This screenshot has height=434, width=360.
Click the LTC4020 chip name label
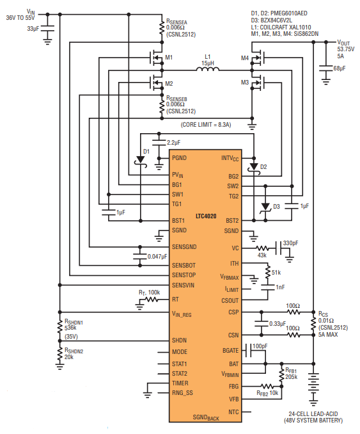click(206, 216)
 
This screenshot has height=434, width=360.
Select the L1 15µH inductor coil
click(208, 68)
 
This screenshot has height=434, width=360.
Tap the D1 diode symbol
click(141, 161)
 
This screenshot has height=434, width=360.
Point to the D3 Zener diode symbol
click(265, 207)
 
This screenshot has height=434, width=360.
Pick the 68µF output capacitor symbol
click(326, 68)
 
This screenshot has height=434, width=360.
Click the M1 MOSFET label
click(169, 58)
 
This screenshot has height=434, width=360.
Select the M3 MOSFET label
click(245, 83)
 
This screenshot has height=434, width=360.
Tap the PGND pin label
click(179, 158)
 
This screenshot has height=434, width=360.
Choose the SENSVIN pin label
click(183, 285)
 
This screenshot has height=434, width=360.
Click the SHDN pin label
click(179, 341)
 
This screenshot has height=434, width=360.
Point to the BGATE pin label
click(230, 351)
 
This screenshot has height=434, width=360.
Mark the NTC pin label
click(233, 412)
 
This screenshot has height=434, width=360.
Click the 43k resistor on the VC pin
click(262, 248)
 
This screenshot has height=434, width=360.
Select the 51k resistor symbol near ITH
click(268, 273)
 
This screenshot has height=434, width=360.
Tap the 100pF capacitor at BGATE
click(248, 351)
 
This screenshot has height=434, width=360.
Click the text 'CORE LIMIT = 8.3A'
click(206, 125)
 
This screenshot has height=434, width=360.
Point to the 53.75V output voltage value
click(346, 49)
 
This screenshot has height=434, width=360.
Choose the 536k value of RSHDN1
click(70, 328)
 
